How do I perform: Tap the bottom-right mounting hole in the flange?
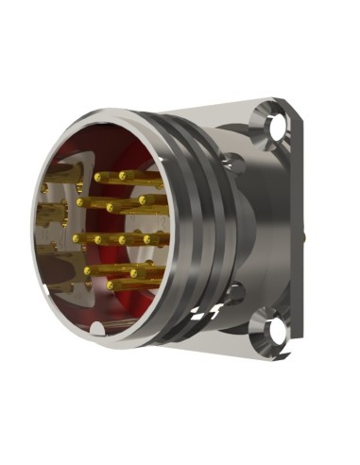276,330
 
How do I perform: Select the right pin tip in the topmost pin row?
121,175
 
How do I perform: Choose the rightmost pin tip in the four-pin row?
146,240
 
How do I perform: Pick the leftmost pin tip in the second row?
81,202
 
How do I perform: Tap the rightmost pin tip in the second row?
142,200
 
